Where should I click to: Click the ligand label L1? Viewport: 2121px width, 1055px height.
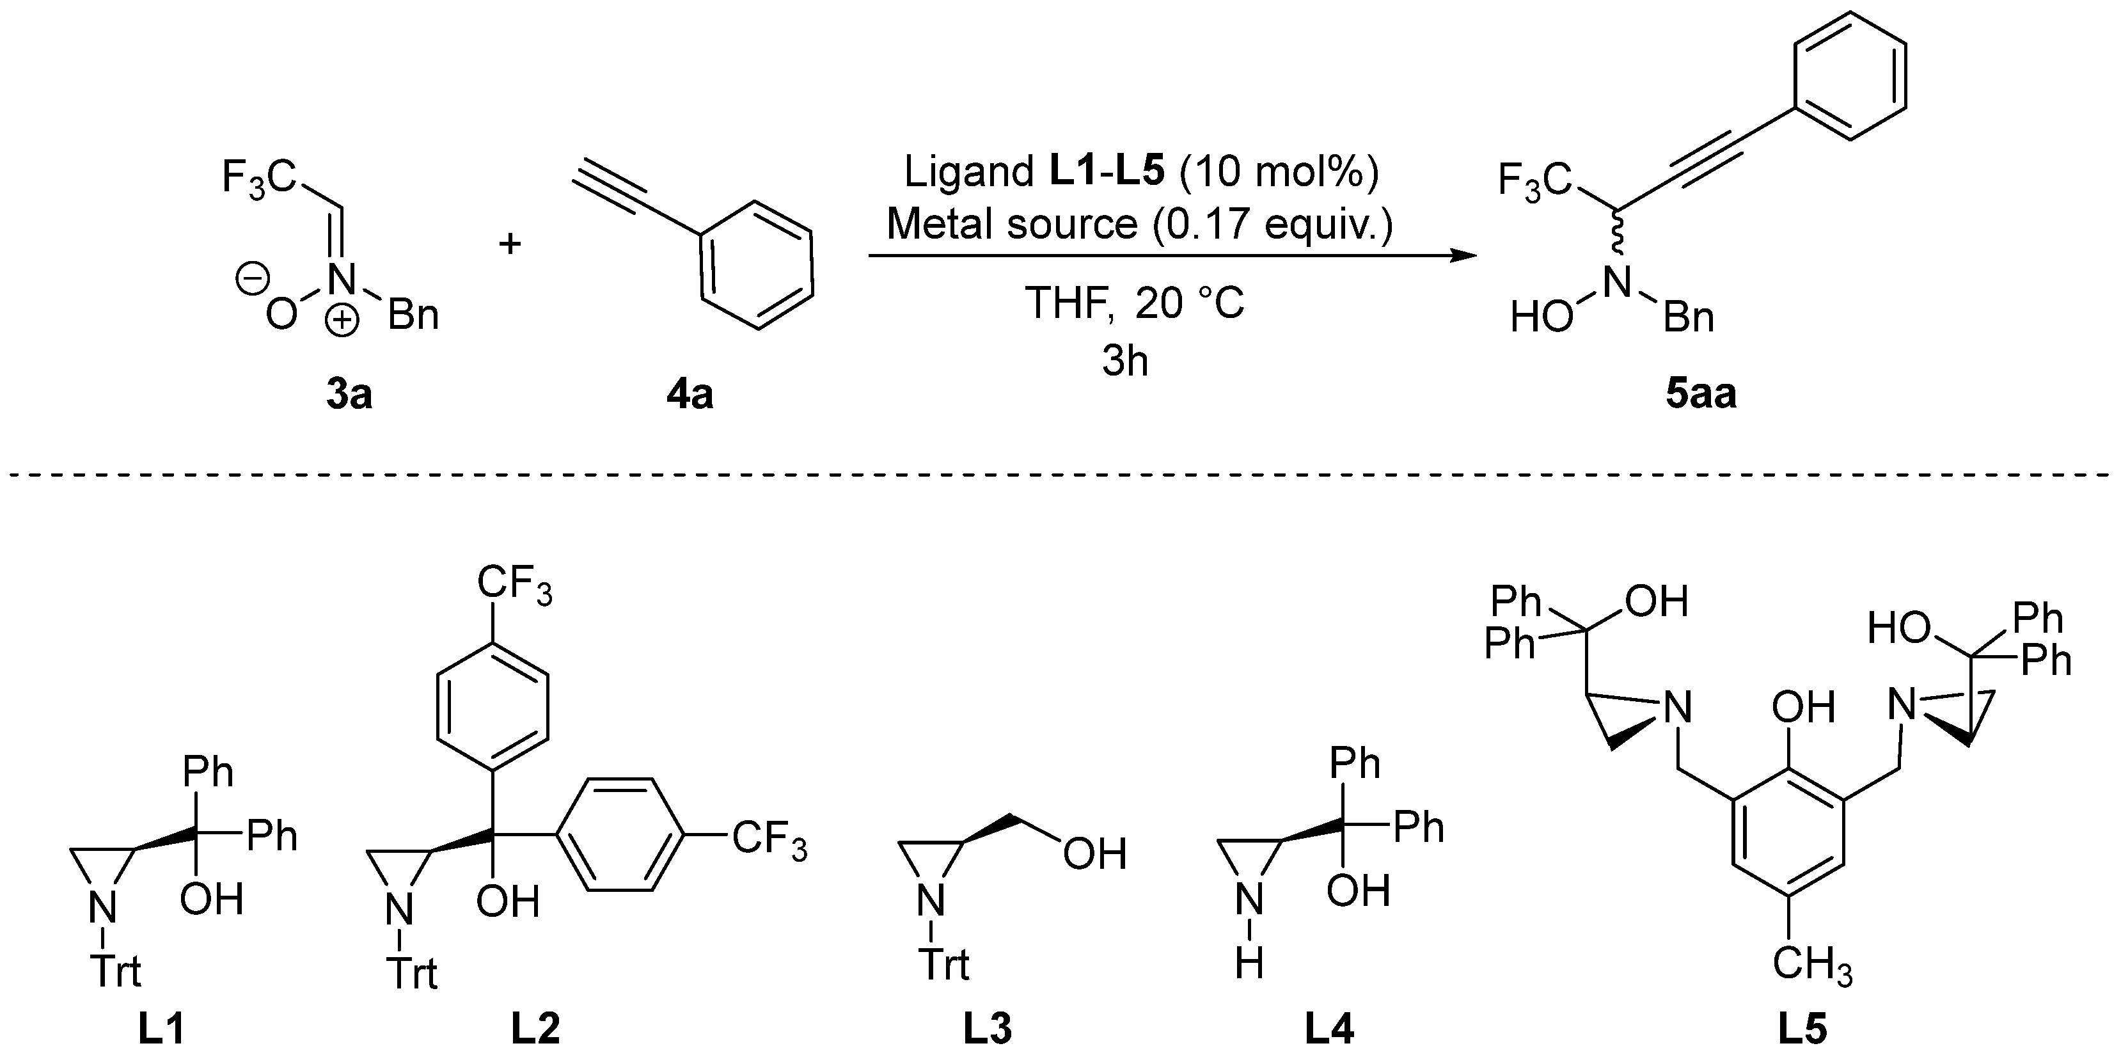pos(161,1029)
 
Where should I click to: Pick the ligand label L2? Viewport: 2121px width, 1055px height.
pos(535,1029)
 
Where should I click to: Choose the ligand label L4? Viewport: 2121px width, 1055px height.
pos(1329,1029)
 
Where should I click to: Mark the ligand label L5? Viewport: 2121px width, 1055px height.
pos(1802,1029)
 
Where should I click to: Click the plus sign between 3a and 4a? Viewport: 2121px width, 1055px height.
pos(510,244)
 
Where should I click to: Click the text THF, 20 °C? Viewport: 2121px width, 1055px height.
pos(1134,304)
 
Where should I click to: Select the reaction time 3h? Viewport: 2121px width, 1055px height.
pos(1124,361)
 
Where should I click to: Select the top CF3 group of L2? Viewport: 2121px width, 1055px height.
pos(515,587)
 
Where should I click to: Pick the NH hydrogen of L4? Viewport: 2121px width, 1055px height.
pos(1249,962)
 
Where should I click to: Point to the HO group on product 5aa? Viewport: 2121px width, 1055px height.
pos(1541,317)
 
